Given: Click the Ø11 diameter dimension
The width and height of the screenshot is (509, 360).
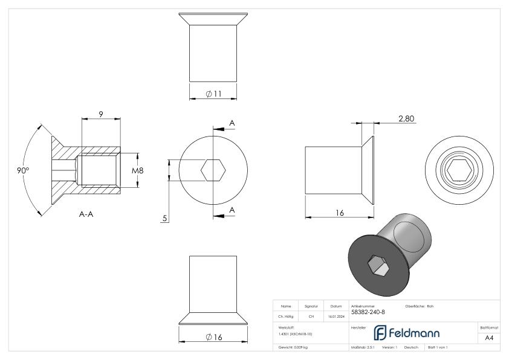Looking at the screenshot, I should [212, 94].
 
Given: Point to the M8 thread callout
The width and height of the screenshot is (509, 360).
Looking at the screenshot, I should [138, 170].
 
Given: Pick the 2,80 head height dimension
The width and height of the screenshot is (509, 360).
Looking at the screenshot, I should [406, 119].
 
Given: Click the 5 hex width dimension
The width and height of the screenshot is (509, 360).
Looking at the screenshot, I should [164, 218].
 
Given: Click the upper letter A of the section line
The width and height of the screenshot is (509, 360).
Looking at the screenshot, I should [232, 123].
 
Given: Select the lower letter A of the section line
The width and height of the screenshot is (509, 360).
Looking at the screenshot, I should [232, 210].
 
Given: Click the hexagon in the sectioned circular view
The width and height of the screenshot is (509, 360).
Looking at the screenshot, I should [213, 170].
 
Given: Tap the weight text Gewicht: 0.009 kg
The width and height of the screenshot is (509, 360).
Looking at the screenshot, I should [293, 348].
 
